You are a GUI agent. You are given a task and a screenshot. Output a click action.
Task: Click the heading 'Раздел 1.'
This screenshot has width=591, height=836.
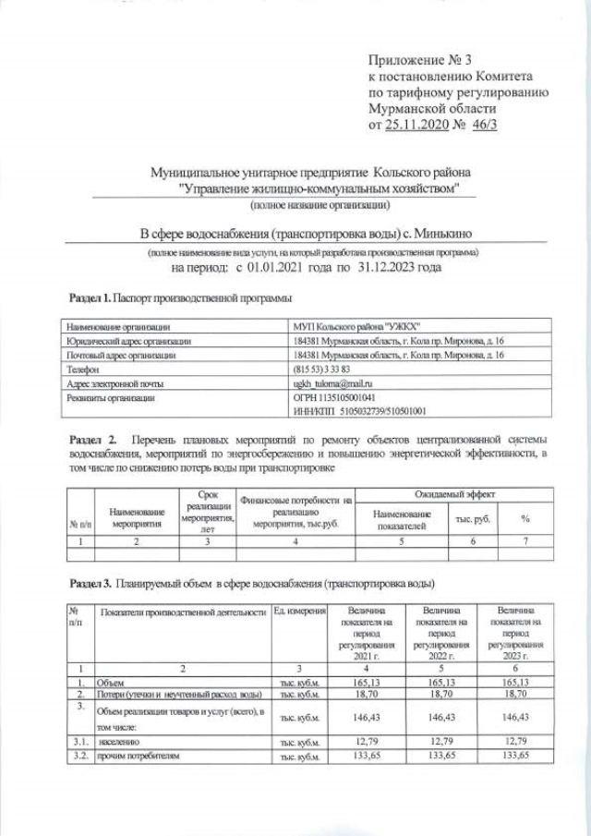click(91, 298)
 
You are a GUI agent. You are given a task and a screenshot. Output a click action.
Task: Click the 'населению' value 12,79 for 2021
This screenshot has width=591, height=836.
click(366, 741)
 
